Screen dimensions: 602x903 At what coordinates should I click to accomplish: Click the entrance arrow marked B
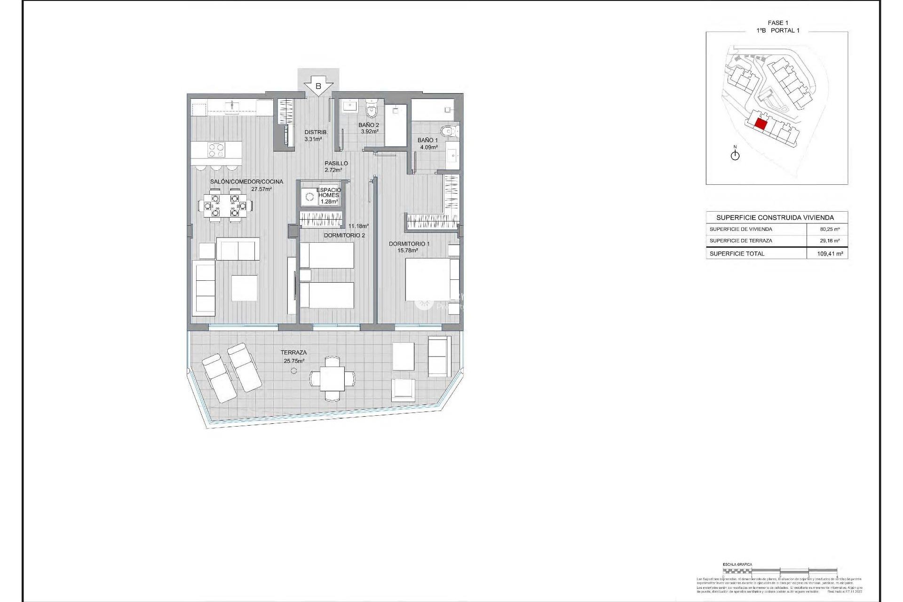coord(318,86)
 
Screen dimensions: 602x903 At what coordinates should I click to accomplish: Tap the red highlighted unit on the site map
coord(760,125)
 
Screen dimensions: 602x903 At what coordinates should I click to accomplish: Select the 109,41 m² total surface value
coord(830,253)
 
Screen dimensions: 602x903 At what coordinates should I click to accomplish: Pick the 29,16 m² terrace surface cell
coord(830,241)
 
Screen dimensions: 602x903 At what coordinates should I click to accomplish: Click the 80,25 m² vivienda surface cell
coord(830,230)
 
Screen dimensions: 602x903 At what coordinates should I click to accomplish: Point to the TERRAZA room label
coord(293,352)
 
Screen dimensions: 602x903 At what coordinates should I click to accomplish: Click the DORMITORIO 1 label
coord(409,244)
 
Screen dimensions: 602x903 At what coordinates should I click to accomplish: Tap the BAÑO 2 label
coord(368,125)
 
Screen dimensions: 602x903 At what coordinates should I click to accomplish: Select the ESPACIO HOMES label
coord(328,193)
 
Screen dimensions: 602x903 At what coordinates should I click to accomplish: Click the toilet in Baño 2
coord(372,110)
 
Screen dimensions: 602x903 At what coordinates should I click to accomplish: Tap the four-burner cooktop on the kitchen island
coord(217,150)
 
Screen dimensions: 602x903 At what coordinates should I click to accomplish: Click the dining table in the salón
coord(225,206)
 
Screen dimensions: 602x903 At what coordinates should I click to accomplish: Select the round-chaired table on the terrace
coord(333,378)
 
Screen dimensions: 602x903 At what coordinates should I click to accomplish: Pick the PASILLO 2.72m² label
coord(336,166)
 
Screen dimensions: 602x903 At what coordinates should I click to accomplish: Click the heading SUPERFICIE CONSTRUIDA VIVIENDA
coord(775,218)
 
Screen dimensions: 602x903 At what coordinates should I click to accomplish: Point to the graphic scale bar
coord(780,571)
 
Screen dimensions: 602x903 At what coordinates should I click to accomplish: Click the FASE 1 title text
coord(777,23)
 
